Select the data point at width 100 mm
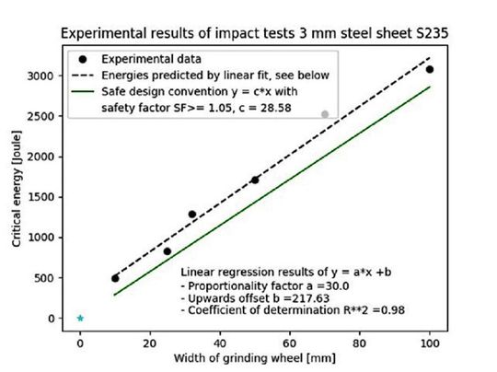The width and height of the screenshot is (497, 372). pyautogui.click(x=430, y=69)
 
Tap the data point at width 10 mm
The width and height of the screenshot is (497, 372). pyautogui.click(x=115, y=278)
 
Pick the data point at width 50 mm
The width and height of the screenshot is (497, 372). pyautogui.click(x=255, y=180)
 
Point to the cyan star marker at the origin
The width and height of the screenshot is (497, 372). pyautogui.click(x=80, y=319)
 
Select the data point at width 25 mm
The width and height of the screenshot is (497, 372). pyautogui.click(x=168, y=251)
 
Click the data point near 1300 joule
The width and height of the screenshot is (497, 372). pyautogui.click(x=192, y=215)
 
